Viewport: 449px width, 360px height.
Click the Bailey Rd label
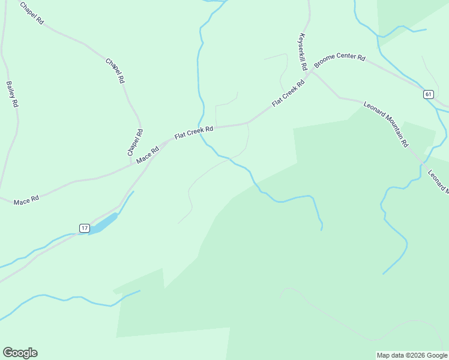(x=12, y=94)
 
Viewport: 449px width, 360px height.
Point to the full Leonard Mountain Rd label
(x=386, y=124)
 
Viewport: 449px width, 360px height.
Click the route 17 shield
(x=85, y=228)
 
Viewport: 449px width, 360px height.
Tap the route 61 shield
(x=428, y=94)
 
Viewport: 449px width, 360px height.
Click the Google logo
(x=20, y=353)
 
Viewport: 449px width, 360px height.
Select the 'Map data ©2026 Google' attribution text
(x=412, y=355)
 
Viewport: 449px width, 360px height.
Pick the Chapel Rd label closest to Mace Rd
(x=135, y=143)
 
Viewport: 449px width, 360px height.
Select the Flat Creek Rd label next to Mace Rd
(x=194, y=133)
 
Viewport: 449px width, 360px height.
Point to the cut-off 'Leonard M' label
(x=438, y=181)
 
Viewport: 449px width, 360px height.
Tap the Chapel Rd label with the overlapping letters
(x=115, y=70)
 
